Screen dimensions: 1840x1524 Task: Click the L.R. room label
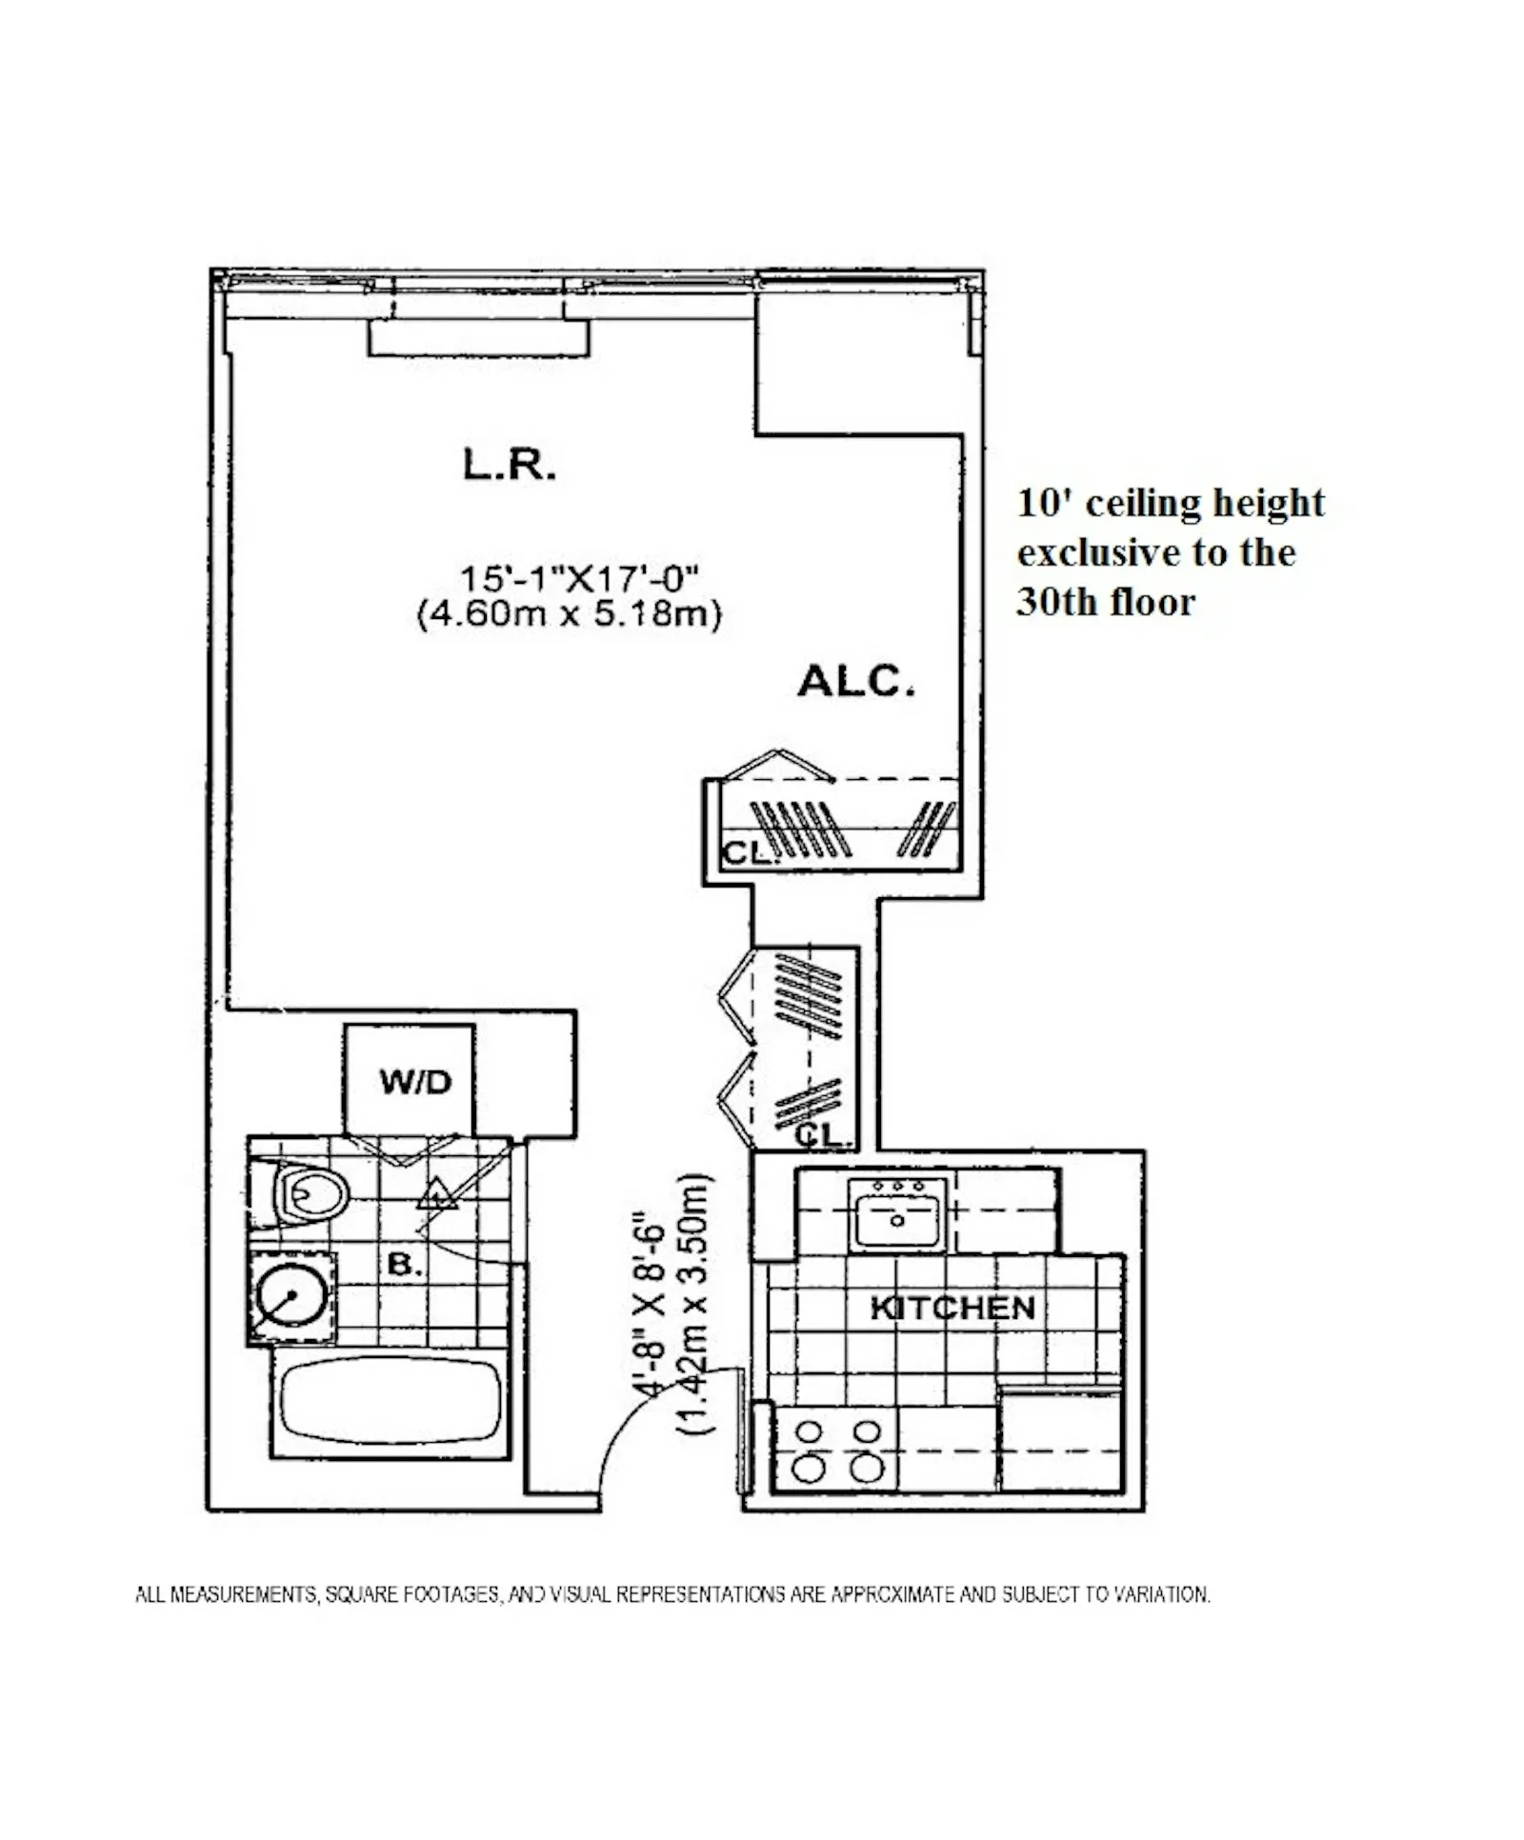509,465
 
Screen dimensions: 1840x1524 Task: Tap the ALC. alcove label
854,682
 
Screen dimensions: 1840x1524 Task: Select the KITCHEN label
952,1308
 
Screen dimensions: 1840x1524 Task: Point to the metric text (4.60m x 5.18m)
569,614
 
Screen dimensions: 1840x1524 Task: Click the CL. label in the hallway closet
817,1135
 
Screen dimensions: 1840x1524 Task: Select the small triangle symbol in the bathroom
436,1194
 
